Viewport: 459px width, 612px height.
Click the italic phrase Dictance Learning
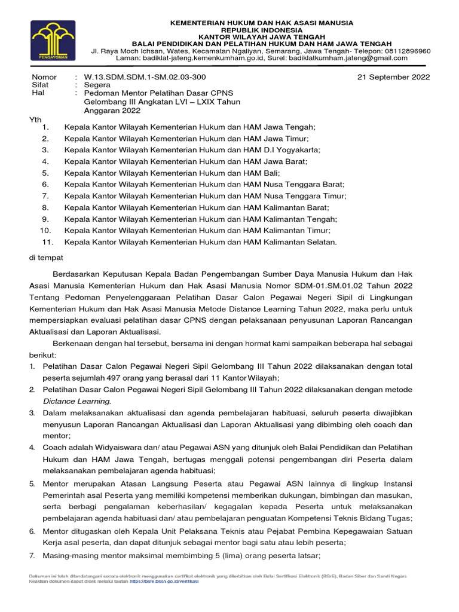click(76, 401)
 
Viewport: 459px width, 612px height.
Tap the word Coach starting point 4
click(54, 448)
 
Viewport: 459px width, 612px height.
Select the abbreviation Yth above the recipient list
click(36, 120)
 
